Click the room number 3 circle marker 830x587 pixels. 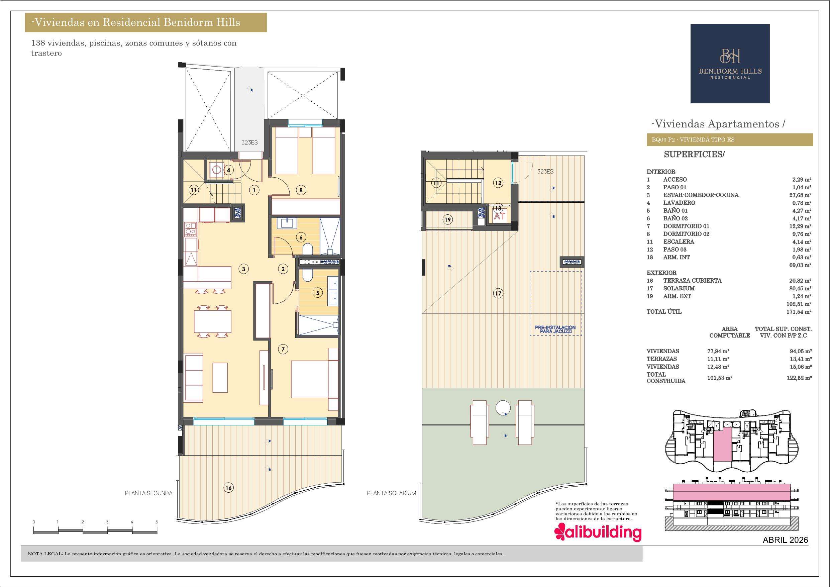(x=244, y=269)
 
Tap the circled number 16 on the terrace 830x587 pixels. (x=228, y=488)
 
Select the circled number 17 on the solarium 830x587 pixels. (x=498, y=293)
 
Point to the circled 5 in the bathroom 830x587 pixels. (x=318, y=293)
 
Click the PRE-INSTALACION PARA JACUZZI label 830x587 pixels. (x=555, y=329)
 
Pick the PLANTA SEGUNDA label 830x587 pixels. (x=148, y=493)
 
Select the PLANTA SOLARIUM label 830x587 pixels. (x=392, y=493)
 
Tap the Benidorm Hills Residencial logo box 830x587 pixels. (x=730, y=64)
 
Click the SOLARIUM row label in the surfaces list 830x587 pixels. (x=679, y=288)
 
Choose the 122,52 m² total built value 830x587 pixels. (x=800, y=378)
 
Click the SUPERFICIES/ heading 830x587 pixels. (x=695, y=155)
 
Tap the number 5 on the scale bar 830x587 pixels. (x=157, y=522)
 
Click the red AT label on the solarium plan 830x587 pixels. (x=499, y=217)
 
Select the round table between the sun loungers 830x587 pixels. (x=503, y=408)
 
